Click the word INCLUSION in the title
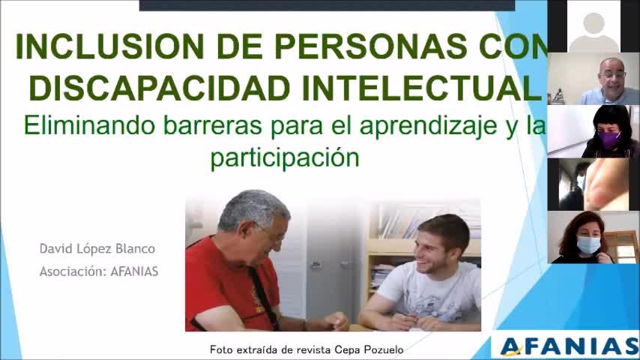[109, 46]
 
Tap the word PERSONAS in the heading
[371, 46]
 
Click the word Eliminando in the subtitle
[89, 125]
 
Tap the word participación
[285, 158]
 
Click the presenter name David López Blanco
[97, 249]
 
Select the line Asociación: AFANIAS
[99, 271]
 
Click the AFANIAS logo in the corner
[569, 346]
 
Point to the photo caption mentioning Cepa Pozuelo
[307, 349]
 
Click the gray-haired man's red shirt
[229, 286]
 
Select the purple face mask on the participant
[608, 139]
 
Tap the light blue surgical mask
[588, 244]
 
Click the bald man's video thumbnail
[594, 79]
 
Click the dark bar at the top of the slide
[327, 5]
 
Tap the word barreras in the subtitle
[213, 125]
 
